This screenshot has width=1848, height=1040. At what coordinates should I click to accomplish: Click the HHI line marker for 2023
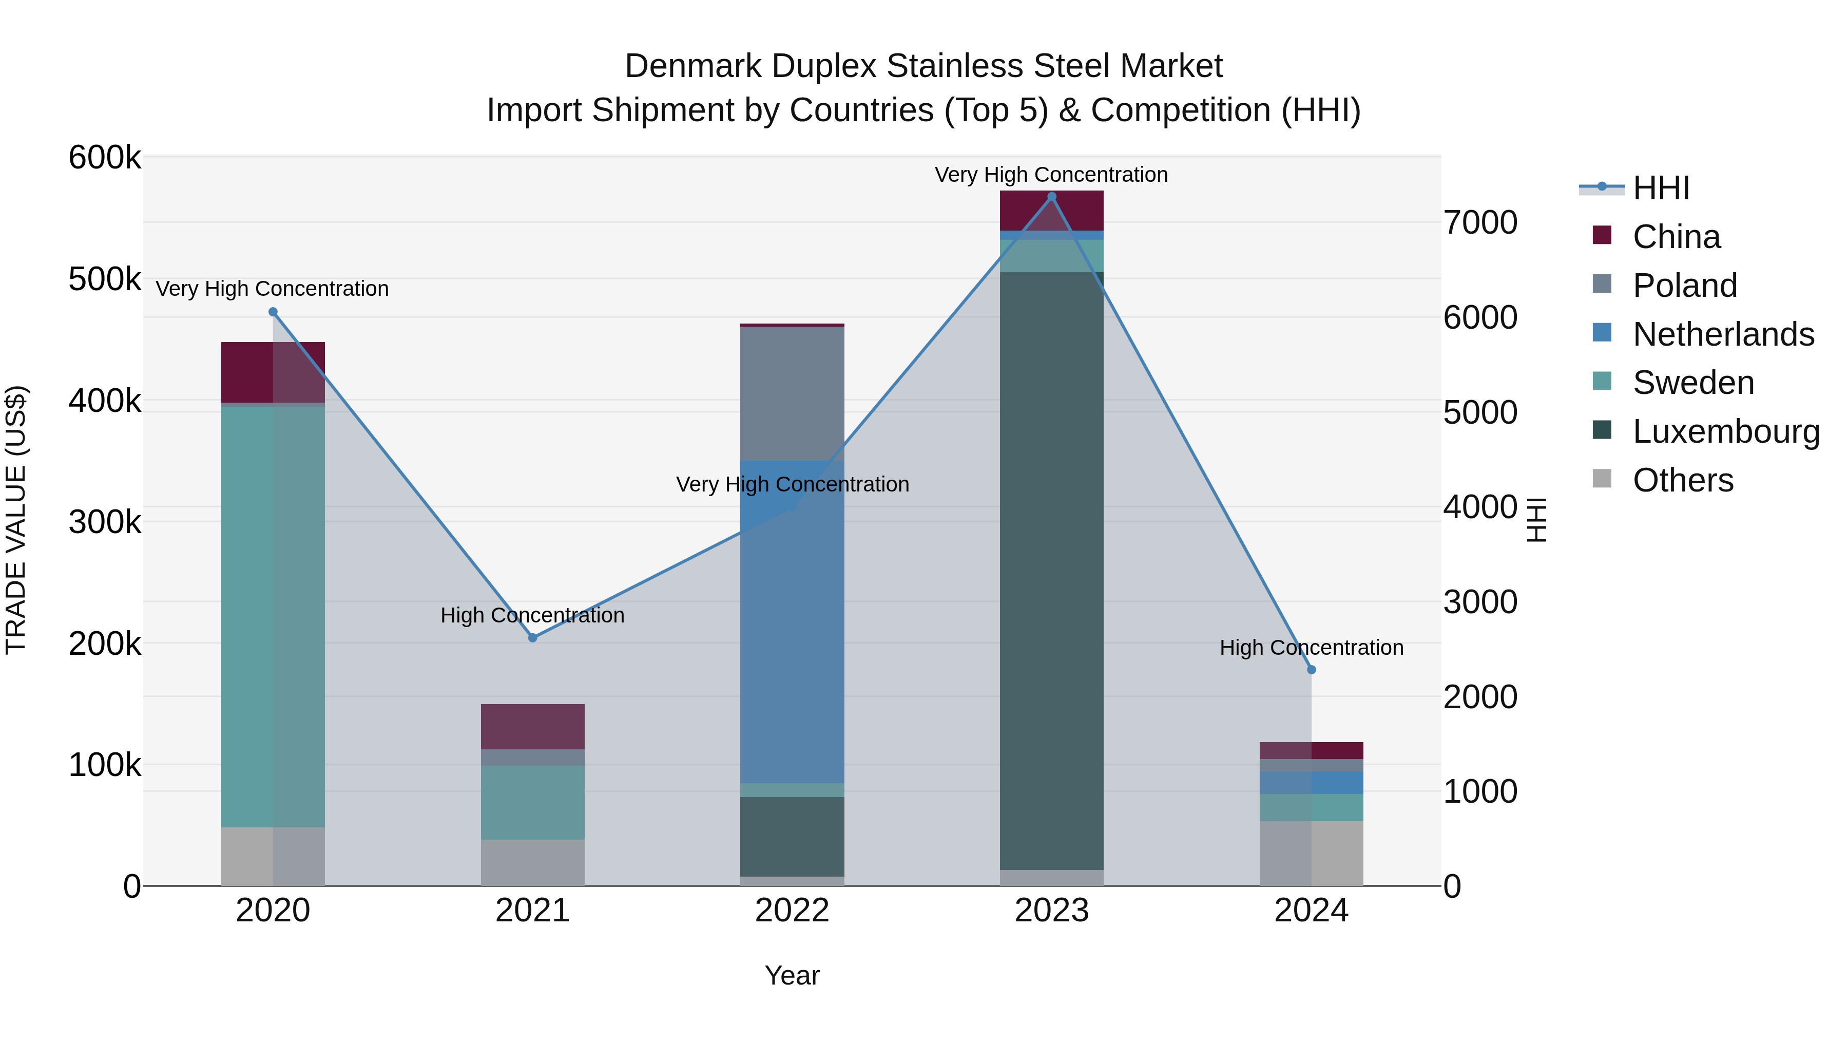click(1052, 197)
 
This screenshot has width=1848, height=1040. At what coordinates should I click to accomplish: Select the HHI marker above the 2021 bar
click(532, 637)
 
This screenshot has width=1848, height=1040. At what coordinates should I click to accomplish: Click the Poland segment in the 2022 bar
click(792, 393)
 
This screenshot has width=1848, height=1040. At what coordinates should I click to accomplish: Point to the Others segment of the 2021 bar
click(532, 863)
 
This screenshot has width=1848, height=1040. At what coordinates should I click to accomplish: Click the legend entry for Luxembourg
click(1725, 431)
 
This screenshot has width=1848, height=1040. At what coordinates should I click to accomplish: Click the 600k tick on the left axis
click(105, 158)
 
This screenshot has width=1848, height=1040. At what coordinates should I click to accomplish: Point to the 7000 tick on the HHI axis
click(1480, 222)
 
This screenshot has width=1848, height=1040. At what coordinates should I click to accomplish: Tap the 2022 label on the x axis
click(792, 911)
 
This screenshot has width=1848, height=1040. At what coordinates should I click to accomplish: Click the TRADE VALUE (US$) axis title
click(16, 520)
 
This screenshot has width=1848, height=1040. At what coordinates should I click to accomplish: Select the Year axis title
click(792, 975)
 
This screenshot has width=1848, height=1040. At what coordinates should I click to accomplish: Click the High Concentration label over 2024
click(1312, 648)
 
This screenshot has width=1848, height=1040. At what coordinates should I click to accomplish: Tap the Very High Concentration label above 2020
click(272, 289)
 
